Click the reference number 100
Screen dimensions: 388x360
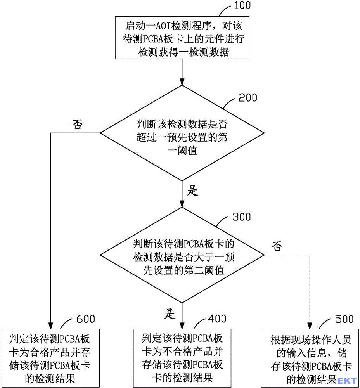pyautogui.click(x=242, y=5)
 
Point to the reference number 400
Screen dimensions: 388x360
pyautogui.click(x=217, y=319)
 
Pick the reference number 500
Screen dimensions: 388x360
pyautogui.click(x=344, y=319)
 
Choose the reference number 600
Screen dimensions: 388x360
pyautogui.click(x=85, y=319)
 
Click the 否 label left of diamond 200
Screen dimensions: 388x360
pyautogui.click(x=78, y=124)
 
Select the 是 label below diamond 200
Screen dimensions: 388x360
pyautogui.click(x=192, y=191)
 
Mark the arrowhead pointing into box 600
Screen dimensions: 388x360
pyautogui.click(x=51, y=326)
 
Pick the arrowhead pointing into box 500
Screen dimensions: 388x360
pyautogui.click(x=310, y=326)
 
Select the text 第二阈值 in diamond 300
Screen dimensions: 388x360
pyautogui.click(x=204, y=270)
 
